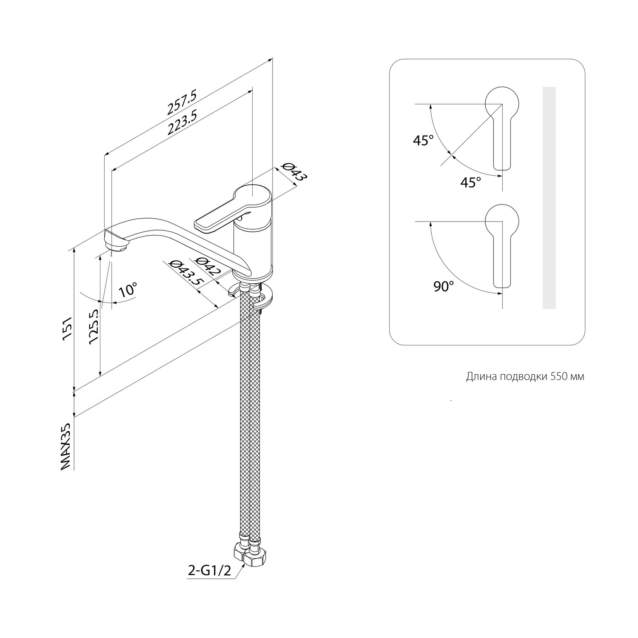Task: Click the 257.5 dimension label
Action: point(182,102)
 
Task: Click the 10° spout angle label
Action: point(128,290)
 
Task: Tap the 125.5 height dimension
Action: point(94,327)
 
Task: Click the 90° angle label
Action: point(444,287)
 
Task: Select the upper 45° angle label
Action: point(423,140)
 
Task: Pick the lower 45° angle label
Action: point(471,182)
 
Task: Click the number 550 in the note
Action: point(558,377)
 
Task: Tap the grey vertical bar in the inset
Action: point(549,198)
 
